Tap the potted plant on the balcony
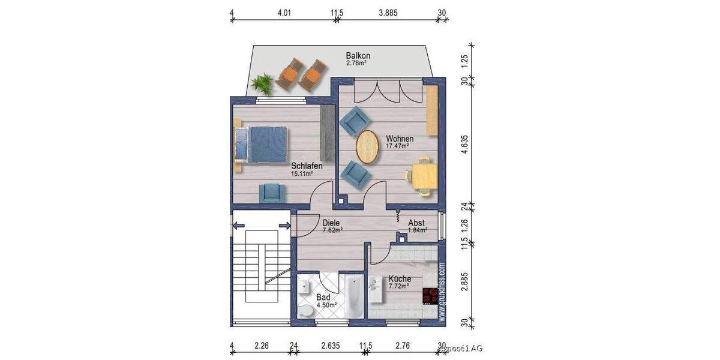(262, 82)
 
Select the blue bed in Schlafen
(259, 144)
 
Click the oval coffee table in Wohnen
(367, 146)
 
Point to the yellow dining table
(424, 176)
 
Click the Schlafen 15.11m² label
(307, 170)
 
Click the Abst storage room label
(416, 226)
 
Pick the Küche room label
(399, 282)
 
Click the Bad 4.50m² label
(324, 301)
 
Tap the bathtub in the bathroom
(352, 296)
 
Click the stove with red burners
(430, 296)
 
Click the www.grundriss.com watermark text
(442, 293)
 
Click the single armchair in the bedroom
(272, 193)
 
